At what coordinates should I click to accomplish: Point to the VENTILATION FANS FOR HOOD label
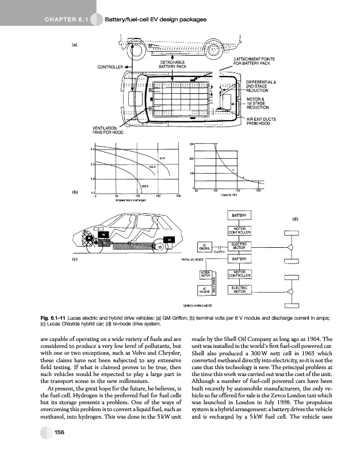109,129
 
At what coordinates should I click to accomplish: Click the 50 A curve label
163,157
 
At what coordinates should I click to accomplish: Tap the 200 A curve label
145,187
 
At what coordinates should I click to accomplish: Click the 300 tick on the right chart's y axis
192,143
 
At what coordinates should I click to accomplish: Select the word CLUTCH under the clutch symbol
219,252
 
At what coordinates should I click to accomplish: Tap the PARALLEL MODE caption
192,260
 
